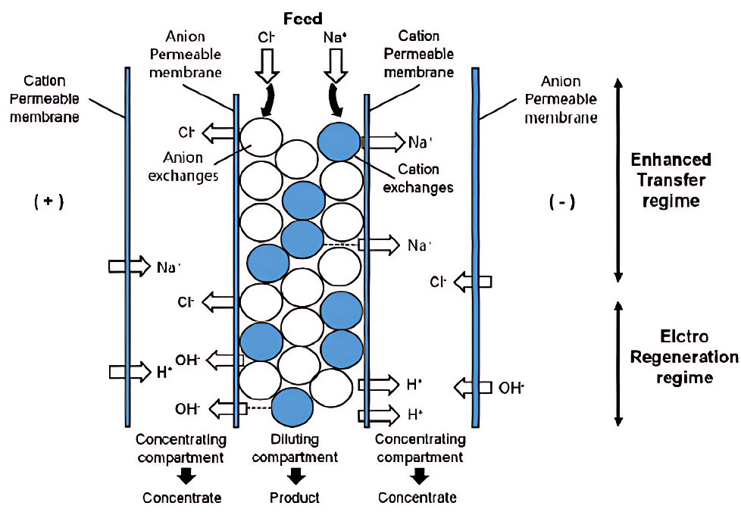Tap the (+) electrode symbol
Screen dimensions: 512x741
pyautogui.click(x=49, y=202)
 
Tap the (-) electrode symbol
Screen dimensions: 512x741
pyautogui.click(x=561, y=202)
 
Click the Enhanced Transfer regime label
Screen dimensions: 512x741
pyautogui.click(x=671, y=180)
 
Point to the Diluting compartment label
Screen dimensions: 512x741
pyautogui.click(x=295, y=448)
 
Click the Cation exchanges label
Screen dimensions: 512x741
pyautogui.click(x=418, y=178)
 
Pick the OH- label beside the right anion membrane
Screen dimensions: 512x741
pyautogui.click(x=511, y=388)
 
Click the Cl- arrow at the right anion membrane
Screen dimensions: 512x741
pyautogui.click(x=473, y=282)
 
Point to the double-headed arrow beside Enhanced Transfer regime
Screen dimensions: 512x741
pyautogui.click(x=619, y=180)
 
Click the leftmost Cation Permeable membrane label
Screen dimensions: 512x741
pyautogui.click(x=45, y=99)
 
